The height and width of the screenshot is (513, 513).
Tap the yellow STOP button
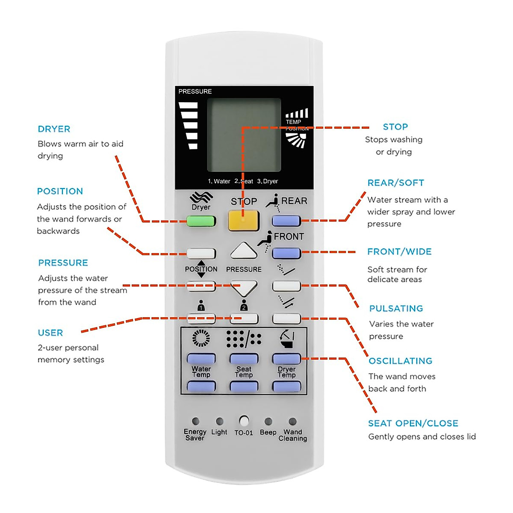tap(244, 221)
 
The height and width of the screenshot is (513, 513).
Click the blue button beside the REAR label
tap(286, 221)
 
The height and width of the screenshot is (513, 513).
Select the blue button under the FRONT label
tap(286, 253)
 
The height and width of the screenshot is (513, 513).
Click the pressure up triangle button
tap(244, 251)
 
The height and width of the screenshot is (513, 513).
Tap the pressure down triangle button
tap(244, 288)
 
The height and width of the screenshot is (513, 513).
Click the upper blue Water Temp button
tap(201, 358)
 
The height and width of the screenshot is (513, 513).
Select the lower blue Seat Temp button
tap(244, 387)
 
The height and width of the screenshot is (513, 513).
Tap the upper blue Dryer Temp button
tap(286, 358)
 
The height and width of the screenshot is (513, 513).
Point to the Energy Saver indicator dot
tap(195, 421)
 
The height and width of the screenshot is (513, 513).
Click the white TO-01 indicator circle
tap(244, 421)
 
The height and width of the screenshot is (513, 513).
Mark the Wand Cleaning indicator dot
tap(292, 421)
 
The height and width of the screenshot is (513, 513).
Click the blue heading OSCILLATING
tap(401, 361)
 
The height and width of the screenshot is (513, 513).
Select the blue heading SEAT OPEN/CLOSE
tap(413, 423)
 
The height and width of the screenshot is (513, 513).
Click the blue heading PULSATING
tap(396, 308)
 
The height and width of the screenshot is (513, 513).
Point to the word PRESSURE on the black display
tap(195, 91)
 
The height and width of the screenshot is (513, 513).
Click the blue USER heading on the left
tap(50, 333)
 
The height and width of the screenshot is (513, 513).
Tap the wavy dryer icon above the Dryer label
tap(201, 197)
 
